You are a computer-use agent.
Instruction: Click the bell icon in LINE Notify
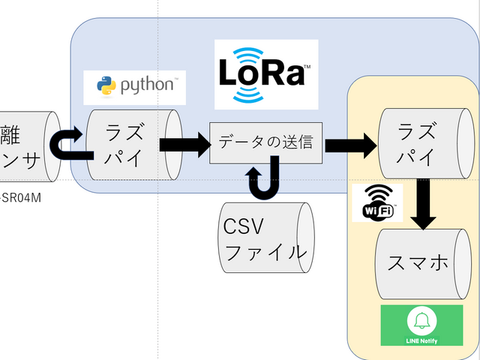pos(420,321)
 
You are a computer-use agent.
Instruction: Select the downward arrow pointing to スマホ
pos(424,208)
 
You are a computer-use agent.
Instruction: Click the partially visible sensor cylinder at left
pos(26,145)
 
